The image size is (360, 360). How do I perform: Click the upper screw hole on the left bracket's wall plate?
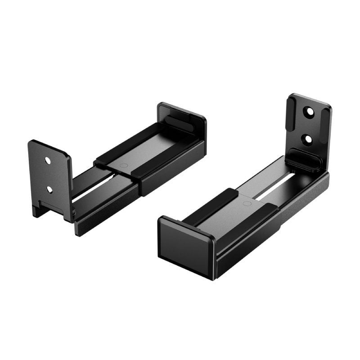click(x=48, y=160)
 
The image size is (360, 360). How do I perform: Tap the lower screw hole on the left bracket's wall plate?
click(x=49, y=189)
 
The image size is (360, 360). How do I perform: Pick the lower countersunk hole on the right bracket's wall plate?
click(x=308, y=139)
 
